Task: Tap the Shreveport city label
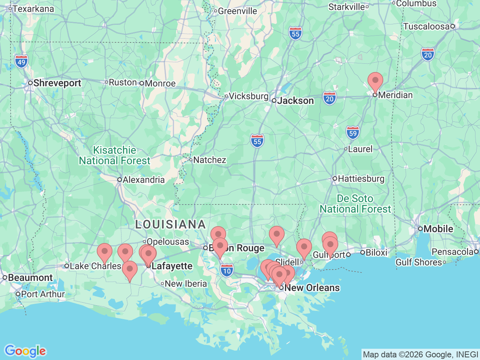(x=57, y=83)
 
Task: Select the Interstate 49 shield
(x=21, y=62)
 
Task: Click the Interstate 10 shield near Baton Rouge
(x=227, y=270)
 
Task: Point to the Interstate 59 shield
(x=352, y=133)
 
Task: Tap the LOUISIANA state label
(x=171, y=225)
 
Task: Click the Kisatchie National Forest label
(x=114, y=155)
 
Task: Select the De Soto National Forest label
(x=355, y=204)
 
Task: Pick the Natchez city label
(x=209, y=160)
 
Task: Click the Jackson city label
(x=295, y=100)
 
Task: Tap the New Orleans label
(x=312, y=288)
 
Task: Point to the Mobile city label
(x=438, y=229)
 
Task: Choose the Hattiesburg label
(x=361, y=178)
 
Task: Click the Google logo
(x=25, y=351)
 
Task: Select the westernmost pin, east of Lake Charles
(x=105, y=251)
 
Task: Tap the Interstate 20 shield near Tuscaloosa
(x=427, y=55)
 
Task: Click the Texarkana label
(x=33, y=9)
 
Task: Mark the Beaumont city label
(x=30, y=277)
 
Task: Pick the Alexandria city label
(x=143, y=180)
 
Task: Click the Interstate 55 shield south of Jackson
(x=257, y=141)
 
